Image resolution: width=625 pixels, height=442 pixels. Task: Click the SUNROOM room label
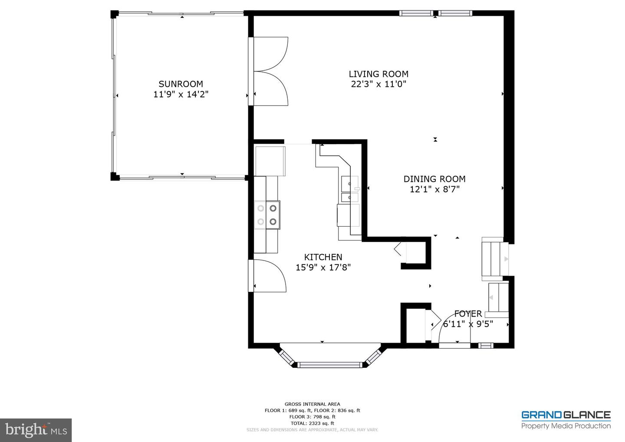[181, 84]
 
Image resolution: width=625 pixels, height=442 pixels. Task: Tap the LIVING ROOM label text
[378, 74]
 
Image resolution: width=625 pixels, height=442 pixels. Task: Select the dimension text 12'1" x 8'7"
[434, 189]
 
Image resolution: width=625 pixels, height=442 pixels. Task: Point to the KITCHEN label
[323, 257]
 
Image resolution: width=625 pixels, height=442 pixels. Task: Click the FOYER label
[468, 314]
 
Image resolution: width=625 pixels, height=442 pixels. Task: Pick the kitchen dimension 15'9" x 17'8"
[323, 267]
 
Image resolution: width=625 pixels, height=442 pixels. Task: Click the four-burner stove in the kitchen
[267, 215]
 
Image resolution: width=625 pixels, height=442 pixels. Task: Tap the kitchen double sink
[350, 188]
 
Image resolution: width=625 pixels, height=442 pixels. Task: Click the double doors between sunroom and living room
[268, 71]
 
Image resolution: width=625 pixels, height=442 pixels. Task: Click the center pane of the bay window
[330, 365]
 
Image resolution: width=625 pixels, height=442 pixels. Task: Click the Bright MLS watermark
[36, 430]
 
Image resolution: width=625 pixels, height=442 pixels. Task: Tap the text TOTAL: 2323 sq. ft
[312, 423]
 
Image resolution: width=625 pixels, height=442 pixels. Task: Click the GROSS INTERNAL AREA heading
[312, 404]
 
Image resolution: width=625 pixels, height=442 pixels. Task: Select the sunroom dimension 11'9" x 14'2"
[181, 94]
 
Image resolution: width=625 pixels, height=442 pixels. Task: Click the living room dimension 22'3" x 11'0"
[378, 84]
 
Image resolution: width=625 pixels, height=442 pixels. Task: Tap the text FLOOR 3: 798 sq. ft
[312, 417]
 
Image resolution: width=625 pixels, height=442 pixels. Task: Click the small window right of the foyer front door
[486, 346]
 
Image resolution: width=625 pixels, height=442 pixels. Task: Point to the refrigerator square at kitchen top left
[270, 161]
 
